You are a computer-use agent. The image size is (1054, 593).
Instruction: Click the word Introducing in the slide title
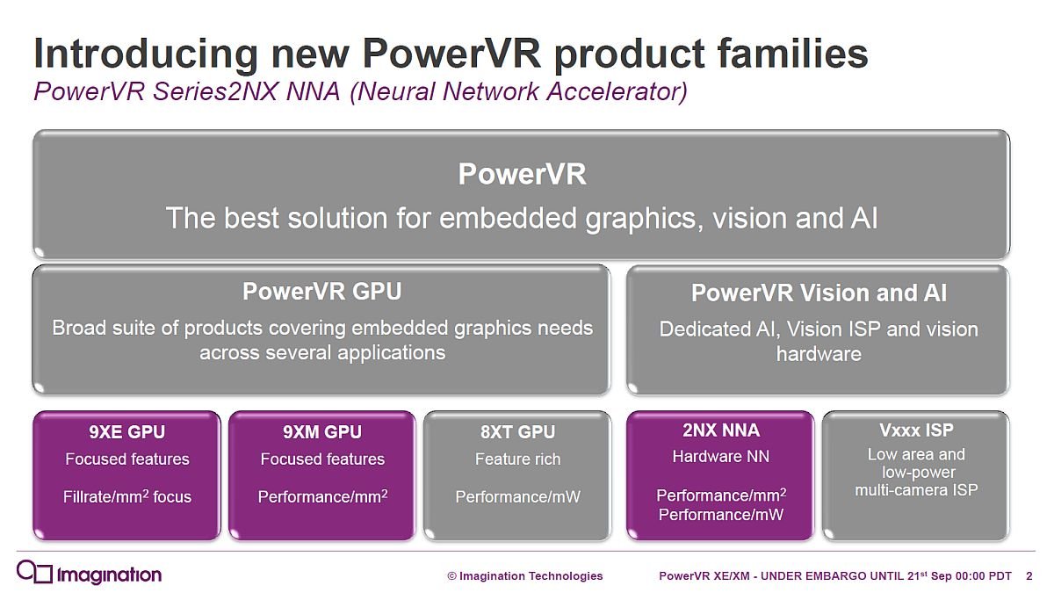(x=146, y=54)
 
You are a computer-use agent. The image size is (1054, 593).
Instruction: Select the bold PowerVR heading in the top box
(x=523, y=174)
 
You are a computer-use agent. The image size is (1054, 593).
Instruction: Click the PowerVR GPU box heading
(x=321, y=292)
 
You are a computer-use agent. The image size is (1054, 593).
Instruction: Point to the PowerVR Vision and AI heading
(x=819, y=293)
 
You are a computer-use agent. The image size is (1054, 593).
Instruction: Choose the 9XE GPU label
(x=127, y=432)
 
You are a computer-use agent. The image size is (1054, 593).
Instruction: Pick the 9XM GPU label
(x=322, y=432)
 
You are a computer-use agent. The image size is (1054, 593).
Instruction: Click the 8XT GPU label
(x=517, y=432)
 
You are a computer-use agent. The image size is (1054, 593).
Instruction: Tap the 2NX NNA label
(x=721, y=430)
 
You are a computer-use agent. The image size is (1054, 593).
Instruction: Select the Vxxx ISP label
(x=916, y=430)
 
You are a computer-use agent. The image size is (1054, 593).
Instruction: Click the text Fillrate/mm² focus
(x=127, y=496)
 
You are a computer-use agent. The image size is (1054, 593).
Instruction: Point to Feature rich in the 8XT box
(x=517, y=459)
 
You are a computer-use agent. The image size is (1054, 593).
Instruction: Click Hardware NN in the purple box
(x=721, y=457)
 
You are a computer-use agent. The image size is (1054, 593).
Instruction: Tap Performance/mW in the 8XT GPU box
(x=517, y=497)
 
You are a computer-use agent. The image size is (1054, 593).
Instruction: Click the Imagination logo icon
(x=34, y=573)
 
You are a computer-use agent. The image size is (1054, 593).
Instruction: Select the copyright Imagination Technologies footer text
(x=524, y=576)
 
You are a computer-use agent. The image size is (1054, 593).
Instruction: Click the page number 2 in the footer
(x=1029, y=576)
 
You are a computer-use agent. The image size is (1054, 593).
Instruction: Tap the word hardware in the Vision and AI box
(x=819, y=354)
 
